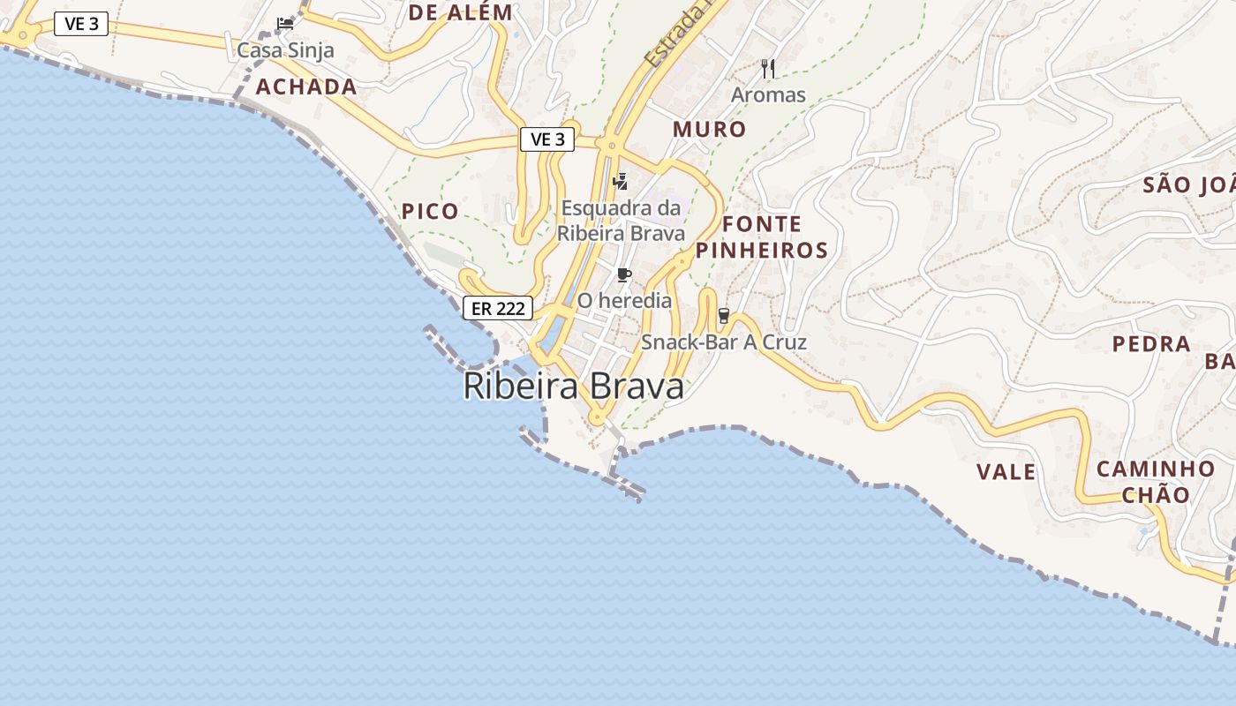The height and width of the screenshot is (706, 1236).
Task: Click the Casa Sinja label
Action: point(285,50)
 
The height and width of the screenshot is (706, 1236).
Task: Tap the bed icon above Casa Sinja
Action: point(285,24)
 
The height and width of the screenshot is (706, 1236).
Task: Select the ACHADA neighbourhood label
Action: point(306,86)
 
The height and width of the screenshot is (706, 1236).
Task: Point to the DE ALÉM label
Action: point(460,12)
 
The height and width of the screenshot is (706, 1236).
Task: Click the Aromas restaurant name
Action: point(768,94)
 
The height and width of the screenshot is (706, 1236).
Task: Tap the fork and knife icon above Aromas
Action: point(768,68)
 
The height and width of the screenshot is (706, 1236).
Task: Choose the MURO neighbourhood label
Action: point(710,129)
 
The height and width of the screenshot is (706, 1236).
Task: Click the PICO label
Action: point(431,211)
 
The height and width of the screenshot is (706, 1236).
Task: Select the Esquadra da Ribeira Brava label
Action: point(622,221)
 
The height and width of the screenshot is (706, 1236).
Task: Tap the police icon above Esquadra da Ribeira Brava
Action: point(621,182)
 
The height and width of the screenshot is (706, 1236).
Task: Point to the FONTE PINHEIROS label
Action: point(761,237)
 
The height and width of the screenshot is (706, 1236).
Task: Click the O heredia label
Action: point(624,301)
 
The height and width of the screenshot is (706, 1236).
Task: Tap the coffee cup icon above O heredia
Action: point(624,275)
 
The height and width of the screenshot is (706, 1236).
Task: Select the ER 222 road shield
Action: point(498,308)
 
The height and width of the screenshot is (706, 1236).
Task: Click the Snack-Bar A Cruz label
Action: point(724,342)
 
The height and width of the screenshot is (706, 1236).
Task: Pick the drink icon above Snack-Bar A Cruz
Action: point(724,316)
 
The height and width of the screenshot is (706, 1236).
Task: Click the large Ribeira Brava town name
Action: point(574,387)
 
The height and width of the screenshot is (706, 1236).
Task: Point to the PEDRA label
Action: point(1151,344)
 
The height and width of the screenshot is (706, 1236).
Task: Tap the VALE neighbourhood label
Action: point(1006,472)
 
